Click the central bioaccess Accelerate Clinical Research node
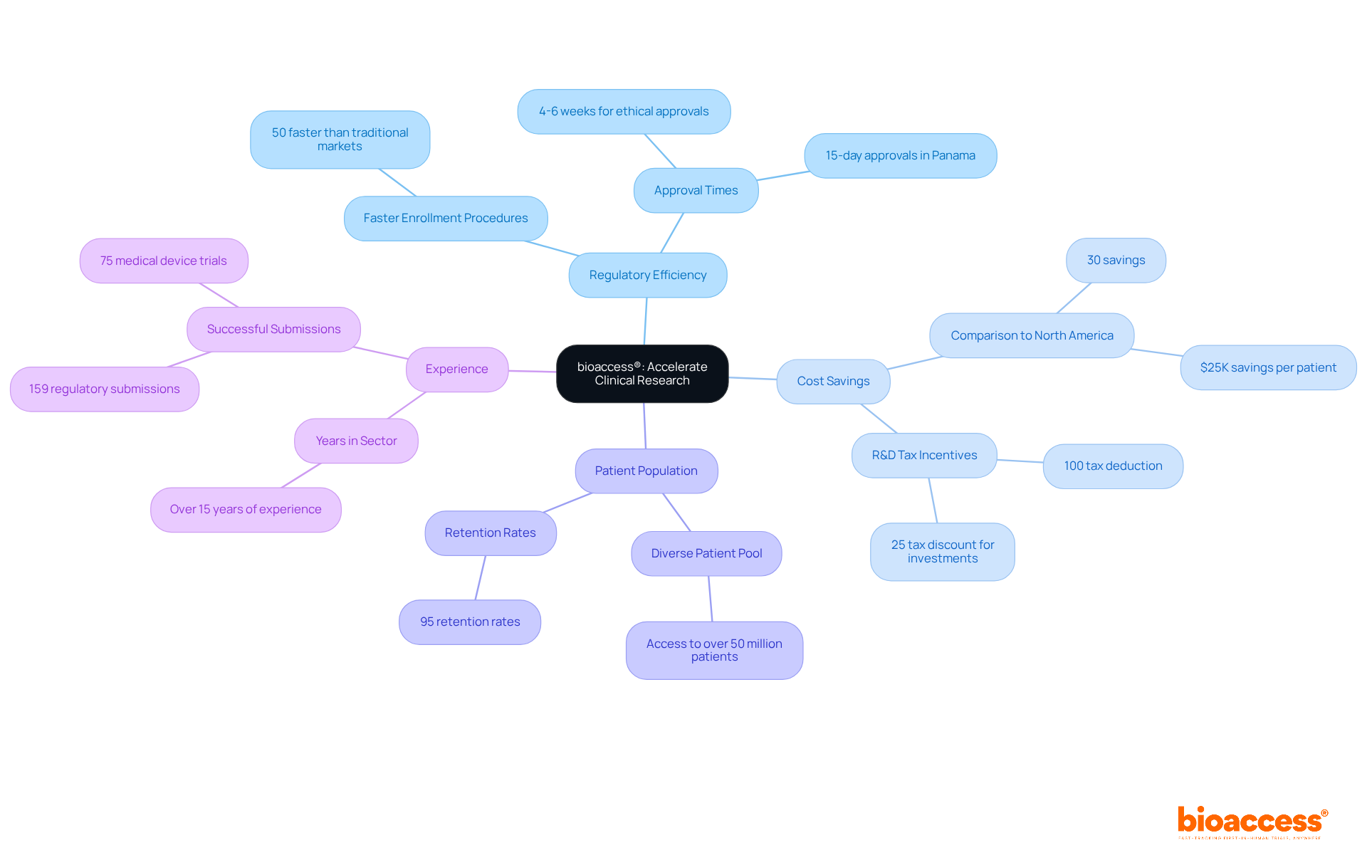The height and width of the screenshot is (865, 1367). point(641,374)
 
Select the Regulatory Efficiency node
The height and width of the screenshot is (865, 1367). point(647,276)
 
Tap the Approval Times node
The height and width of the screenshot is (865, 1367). point(696,191)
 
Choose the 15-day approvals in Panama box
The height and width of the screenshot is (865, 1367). point(900,156)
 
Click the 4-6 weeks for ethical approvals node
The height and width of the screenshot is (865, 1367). point(624,112)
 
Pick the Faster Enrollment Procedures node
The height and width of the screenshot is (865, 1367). point(446,219)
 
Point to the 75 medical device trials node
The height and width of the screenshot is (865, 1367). point(164,261)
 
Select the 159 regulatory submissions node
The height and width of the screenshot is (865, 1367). point(105,389)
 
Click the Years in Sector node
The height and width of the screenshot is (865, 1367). point(356,441)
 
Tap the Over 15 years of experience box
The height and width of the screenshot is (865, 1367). point(246,510)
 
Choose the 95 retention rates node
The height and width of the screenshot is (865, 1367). point(470,622)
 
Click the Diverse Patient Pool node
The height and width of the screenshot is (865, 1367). point(706,554)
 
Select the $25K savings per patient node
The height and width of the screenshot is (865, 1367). point(1268,368)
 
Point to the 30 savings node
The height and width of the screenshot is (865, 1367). point(1116,261)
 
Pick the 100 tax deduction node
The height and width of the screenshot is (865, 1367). point(1113,466)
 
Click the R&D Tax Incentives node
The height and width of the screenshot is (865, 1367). point(924,456)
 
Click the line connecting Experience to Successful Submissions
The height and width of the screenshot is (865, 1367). point(381,353)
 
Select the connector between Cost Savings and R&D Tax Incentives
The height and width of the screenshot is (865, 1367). point(879,419)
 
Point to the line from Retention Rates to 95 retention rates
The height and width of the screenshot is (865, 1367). point(481,577)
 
